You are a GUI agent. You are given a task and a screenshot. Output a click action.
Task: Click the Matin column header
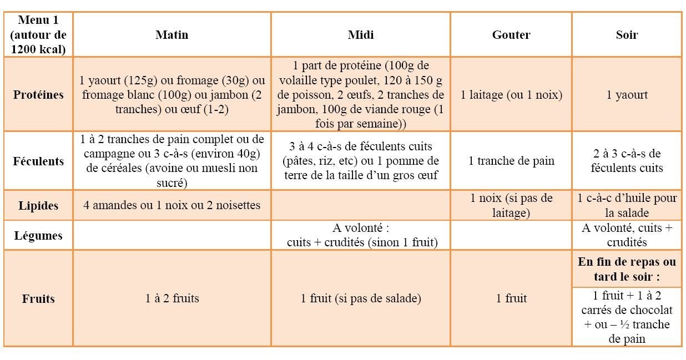(x=171, y=35)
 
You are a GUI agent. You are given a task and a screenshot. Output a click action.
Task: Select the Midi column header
(x=361, y=35)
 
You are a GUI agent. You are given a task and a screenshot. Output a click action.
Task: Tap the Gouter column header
(x=511, y=35)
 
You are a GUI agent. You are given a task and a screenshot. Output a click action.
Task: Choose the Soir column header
(x=627, y=35)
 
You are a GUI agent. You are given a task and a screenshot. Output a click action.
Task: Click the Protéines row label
(x=38, y=94)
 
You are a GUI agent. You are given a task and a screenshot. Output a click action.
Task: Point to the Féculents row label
(x=38, y=161)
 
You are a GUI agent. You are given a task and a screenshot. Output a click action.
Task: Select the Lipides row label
(x=38, y=206)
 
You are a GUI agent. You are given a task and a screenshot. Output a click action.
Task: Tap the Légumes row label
(x=38, y=236)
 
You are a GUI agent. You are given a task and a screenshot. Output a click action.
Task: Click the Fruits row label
(x=38, y=298)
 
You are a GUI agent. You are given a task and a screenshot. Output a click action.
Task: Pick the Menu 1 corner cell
(x=38, y=34)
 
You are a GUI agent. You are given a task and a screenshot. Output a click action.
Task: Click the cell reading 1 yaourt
(x=627, y=95)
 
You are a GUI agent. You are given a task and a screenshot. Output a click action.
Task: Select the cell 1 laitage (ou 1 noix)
(x=511, y=95)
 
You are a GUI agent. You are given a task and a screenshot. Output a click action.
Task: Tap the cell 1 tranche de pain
(x=511, y=161)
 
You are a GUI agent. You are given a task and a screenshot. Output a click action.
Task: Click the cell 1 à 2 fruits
(x=172, y=298)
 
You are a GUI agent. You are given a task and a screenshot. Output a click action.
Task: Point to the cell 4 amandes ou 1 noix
(x=172, y=205)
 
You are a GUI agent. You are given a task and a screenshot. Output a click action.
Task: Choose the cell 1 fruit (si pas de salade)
(x=361, y=298)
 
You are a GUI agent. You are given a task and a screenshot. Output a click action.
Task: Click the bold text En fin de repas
(x=627, y=269)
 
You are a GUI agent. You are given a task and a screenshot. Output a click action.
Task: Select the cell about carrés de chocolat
(x=627, y=317)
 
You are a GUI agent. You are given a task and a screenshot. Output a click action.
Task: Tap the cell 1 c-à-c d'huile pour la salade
(x=627, y=205)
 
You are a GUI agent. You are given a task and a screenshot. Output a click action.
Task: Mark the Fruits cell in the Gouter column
(x=511, y=298)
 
